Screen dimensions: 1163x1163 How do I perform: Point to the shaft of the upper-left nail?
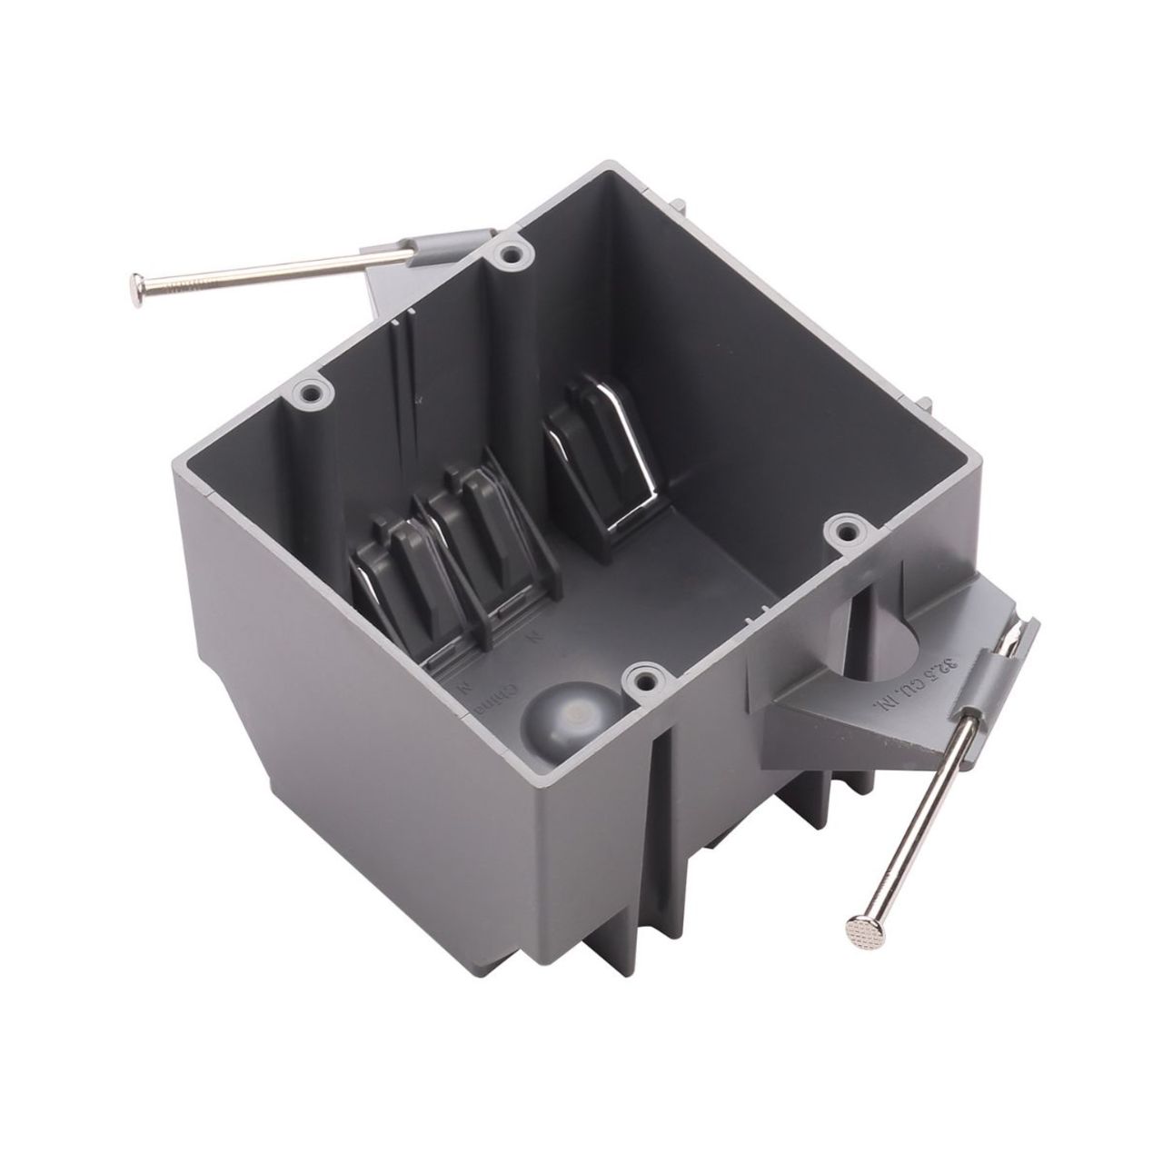(x=263, y=273)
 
